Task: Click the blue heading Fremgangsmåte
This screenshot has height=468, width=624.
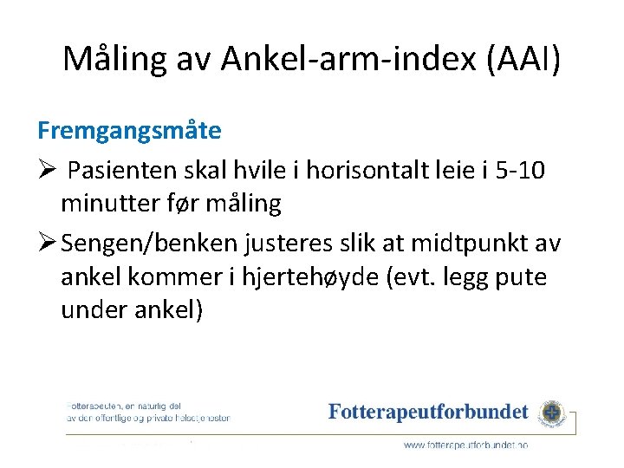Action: (x=129, y=131)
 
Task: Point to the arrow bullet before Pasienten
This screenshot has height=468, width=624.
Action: (x=48, y=168)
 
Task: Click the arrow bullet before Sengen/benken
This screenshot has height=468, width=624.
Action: (x=48, y=243)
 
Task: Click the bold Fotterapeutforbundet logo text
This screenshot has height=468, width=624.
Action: (x=428, y=413)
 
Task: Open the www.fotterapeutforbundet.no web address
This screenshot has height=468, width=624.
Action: (x=465, y=444)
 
